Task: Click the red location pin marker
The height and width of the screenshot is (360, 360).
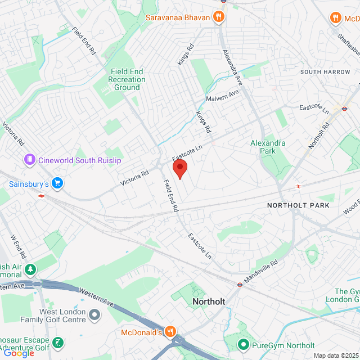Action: (x=179, y=168)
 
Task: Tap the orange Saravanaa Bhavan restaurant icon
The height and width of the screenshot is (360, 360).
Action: (x=219, y=17)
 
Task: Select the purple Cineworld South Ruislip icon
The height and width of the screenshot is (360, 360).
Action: (x=29, y=160)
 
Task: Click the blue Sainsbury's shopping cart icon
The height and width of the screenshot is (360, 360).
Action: (x=57, y=183)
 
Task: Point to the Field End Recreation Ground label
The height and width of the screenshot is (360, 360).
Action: (x=127, y=79)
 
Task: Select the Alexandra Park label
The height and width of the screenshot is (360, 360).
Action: (x=268, y=147)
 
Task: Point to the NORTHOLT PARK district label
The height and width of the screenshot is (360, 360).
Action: (x=298, y=205)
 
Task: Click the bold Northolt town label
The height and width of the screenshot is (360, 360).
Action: (x=209, y=301)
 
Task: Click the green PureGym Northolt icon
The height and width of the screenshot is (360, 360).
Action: (x=244, y=344)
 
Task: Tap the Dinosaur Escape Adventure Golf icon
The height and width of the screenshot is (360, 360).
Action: (x=57, y=343)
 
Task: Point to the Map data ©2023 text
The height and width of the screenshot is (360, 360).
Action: (x=335, y=355)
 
